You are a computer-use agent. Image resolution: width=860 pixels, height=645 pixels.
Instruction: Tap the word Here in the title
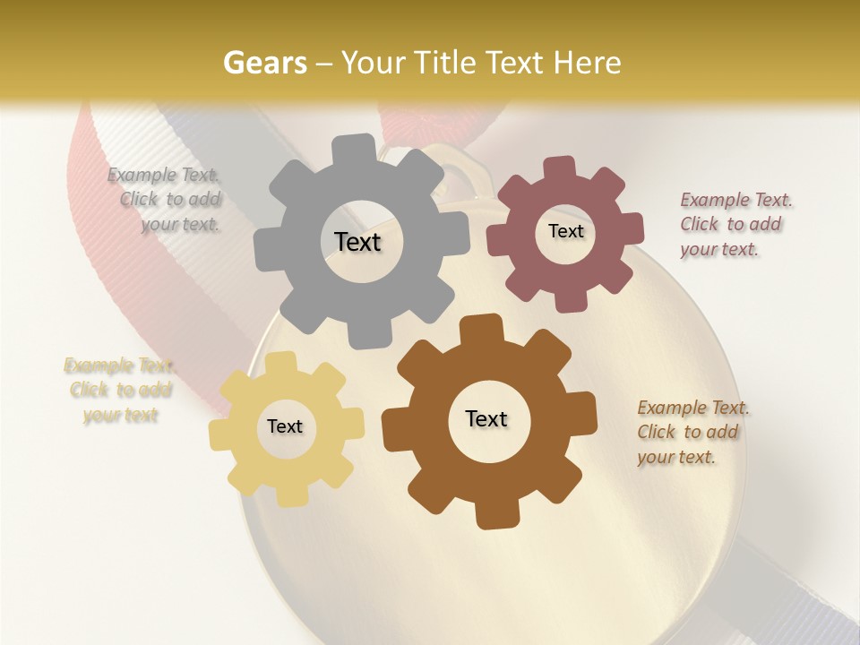pos(587,63)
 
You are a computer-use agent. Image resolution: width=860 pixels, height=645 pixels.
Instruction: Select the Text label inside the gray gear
pos(357,242)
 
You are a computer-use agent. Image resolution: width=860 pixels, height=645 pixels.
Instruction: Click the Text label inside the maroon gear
pos(565,231)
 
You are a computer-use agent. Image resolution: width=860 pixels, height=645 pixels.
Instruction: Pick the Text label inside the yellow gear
pos(285,427)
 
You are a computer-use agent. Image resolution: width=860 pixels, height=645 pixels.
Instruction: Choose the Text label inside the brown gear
pos(486,419)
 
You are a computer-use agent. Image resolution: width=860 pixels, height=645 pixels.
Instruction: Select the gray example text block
pos(167,200)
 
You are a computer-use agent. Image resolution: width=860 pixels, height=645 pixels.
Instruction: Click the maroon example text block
pos(735,225)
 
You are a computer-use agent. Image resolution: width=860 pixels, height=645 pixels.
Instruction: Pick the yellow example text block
pos(120,391)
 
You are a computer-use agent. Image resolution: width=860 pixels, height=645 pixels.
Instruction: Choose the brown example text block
pos(693,433)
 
